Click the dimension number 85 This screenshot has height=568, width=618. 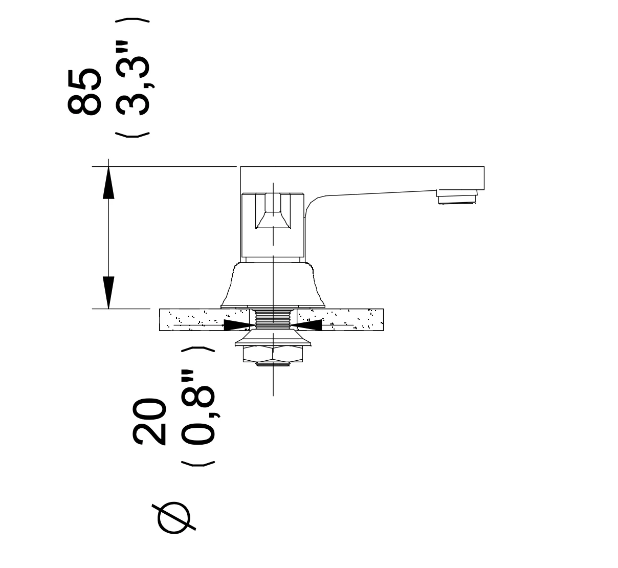coord(84,92)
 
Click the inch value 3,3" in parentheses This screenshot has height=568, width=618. coord(133,78)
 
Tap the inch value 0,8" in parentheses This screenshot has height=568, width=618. coord(198,407)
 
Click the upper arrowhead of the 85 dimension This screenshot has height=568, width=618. coord(108,183)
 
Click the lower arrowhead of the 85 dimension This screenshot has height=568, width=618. coord(108,293)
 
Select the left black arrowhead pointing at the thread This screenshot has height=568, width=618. coord(240,325)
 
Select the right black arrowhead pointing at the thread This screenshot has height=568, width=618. coord(306,325)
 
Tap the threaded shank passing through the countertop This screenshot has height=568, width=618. coord(273,320)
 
